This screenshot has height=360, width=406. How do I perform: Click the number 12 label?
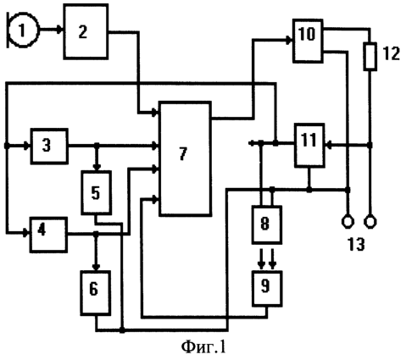coord(392,53)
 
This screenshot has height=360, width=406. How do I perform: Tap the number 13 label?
coord(356,244)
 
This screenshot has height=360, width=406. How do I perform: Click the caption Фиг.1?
coord(203,347)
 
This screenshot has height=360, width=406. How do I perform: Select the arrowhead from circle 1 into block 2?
coord(60,30)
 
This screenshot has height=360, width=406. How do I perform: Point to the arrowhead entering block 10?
coord(289,41)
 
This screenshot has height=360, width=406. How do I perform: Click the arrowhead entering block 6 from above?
coord(96,267)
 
